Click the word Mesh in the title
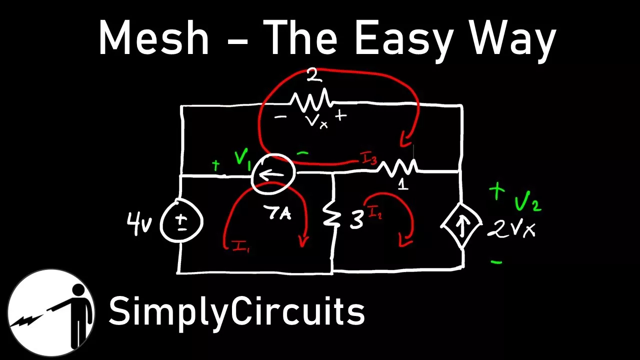tap(153, 39)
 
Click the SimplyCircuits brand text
tap(236, 310)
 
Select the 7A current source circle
tap(273, 173)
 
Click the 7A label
tap(278, 213)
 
